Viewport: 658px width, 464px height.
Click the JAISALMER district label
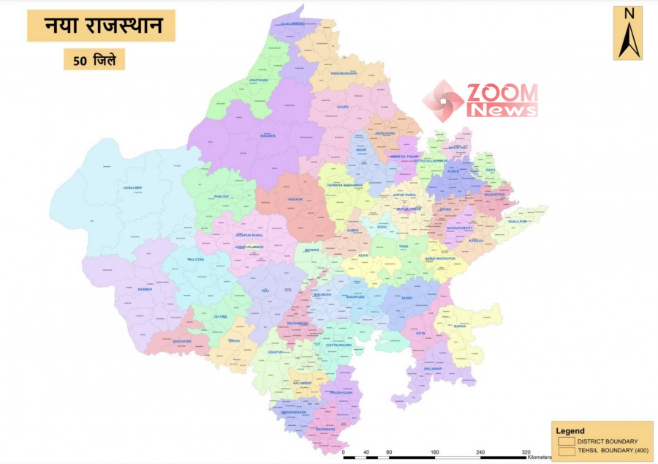point(132,188)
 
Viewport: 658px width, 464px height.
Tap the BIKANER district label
point(268,136)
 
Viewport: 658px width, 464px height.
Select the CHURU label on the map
point(342,108)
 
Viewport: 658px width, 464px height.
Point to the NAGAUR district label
point(296,198)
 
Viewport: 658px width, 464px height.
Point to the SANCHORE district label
point(181,341)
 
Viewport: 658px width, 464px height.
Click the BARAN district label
point(459,326)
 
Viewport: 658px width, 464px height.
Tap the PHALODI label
point(222,196)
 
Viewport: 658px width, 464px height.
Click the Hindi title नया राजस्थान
point(101,26)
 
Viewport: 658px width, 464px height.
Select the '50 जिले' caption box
point(94,59)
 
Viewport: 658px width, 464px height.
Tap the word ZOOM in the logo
point(502,93)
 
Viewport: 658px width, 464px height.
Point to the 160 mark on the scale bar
point(435,452)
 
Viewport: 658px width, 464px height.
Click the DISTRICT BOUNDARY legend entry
point(606,441)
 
